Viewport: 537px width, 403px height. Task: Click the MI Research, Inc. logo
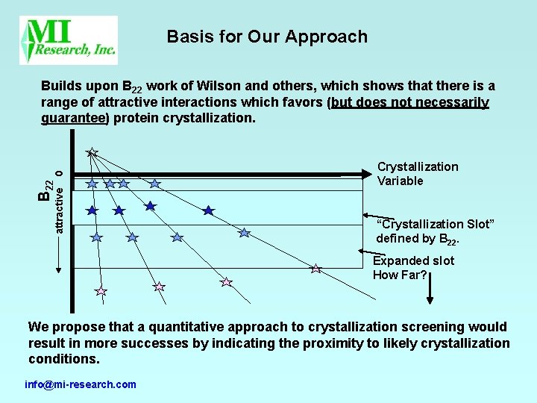click(x=69, y=40)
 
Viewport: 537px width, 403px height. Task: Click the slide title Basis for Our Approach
click(x=267, y=37)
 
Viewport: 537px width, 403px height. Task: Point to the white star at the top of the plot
click(x=92, y=152)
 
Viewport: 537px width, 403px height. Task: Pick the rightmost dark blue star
click(x=209, y=210)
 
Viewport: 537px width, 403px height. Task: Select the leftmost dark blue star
click(x=92, y=210)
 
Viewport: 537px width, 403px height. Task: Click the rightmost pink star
click(x=315, y=268)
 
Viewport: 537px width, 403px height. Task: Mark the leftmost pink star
click(x=101, y=291)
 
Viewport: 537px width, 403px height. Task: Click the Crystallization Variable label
click(x=417, y=174)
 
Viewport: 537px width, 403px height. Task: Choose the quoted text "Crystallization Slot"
click(x=435, y=224)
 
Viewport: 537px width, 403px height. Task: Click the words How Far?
click(x=400, y=275)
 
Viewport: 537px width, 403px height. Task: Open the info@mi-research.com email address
click(x=81, y=384)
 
